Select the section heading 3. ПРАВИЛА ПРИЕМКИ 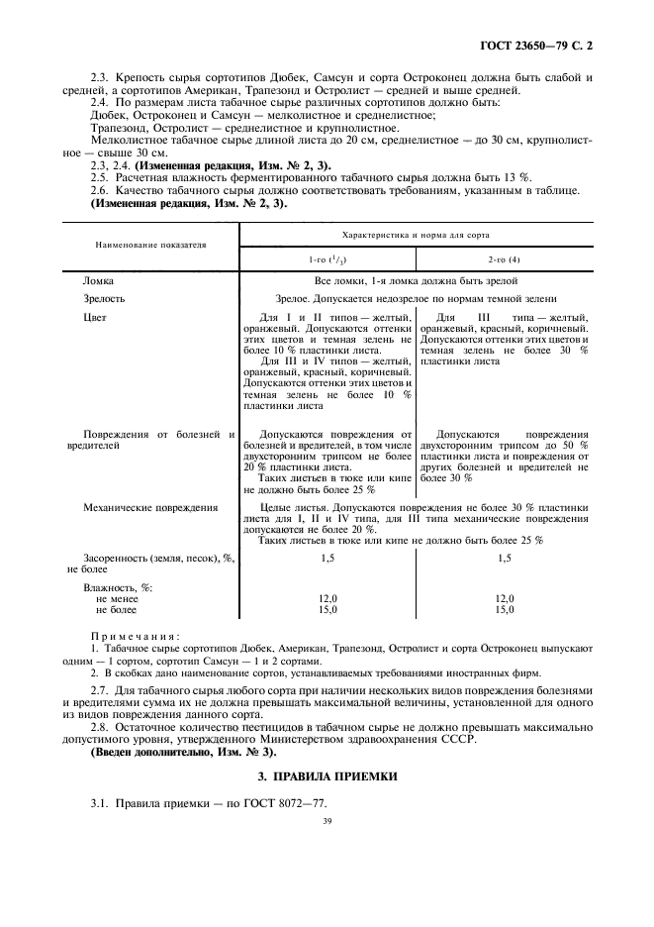pyautogui.click(x=327, y=775)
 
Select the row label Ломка pyautogui.click(x=99, y=281)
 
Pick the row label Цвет pyautogui.click(x=95, y=317)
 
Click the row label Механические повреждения pyautogui.click(x=150, y=507)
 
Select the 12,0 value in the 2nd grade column pyautogui.click(x=505, y=599)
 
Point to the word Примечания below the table pyautogui.click(x=135, y=635)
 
